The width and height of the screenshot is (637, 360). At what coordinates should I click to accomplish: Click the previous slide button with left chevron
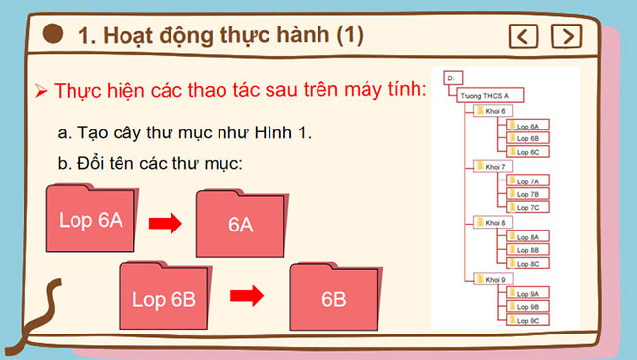coord(525,36)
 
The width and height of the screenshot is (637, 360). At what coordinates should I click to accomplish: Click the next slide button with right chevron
coord(564,36)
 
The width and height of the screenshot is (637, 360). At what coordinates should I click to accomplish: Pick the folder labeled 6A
coord(241,225)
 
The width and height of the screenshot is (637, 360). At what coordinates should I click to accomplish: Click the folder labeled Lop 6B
coord(163,297)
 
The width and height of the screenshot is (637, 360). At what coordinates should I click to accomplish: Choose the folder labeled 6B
coord(333,298)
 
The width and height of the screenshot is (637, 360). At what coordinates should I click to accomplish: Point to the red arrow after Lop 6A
coord(166,224)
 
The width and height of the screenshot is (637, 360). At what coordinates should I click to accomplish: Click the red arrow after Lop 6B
coord(249,294)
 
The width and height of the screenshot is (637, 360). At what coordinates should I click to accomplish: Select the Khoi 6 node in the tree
coord(494,111)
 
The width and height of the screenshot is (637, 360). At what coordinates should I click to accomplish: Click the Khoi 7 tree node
coord(494,167)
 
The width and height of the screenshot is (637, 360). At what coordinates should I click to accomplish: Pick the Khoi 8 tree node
coord(494,223)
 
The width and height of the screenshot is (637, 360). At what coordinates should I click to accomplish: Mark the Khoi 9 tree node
coord(494,280)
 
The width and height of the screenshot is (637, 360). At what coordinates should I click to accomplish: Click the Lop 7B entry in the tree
coord(526,194)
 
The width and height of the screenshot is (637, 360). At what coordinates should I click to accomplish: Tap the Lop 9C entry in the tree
coord(526,321)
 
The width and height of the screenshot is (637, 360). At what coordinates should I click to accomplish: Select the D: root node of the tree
coord(453,77)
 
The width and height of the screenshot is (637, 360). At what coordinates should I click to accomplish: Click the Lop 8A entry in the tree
coord(526,237)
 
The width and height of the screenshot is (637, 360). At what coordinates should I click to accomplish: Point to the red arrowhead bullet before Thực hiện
coord(41,90)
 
